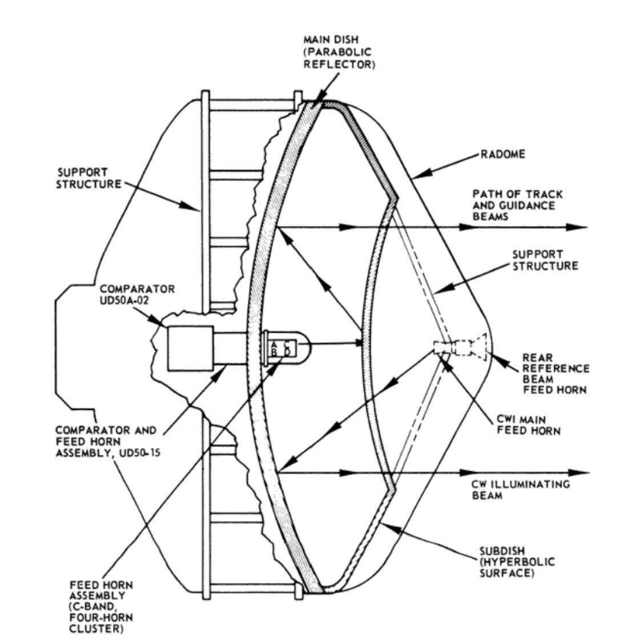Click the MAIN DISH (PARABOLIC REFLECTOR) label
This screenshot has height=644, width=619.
339,52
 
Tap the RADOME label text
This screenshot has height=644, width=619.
503,154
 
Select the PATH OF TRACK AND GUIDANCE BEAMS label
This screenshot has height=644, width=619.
517,206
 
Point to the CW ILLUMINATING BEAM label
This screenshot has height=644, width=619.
520,490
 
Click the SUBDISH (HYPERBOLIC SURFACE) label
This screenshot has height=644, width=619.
517,562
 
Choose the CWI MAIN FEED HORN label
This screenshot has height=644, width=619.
528,425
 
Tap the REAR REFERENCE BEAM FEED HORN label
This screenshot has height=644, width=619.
556,374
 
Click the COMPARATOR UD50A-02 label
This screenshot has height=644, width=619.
137,295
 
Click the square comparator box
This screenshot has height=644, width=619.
191,348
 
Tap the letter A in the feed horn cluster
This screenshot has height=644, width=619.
274,344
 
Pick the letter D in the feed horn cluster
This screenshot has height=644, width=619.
288,352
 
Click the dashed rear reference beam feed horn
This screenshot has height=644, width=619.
469,347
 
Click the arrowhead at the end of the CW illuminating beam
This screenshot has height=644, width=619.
579,473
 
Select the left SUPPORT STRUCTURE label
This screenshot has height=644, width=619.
89,178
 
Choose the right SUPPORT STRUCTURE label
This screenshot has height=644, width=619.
545,260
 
